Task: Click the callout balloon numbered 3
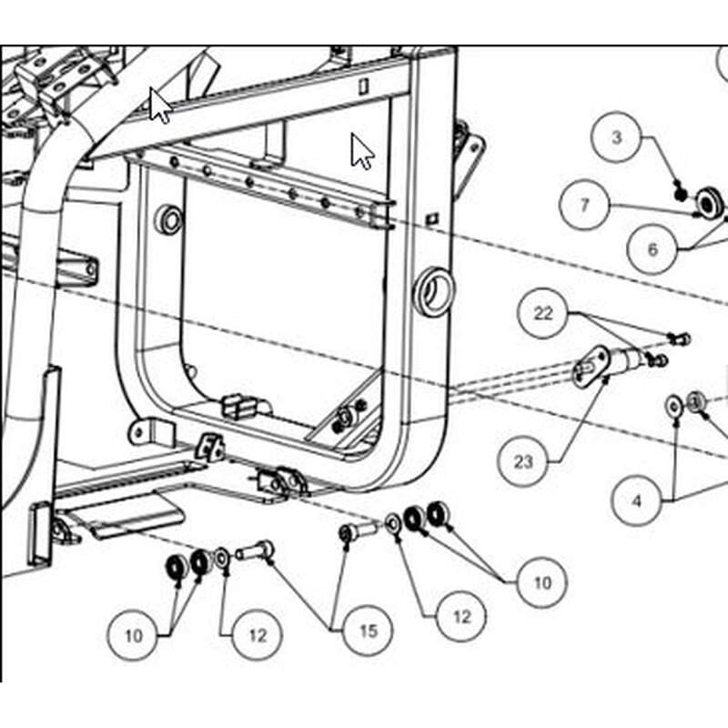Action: coord(616,137)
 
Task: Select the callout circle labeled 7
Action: coord(584,205)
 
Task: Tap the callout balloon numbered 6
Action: coord(652,249)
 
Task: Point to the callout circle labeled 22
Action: coord(542,313)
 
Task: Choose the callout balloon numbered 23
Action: coord(522,461)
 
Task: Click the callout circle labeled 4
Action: coord(636,500)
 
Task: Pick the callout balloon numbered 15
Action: coord(368,631)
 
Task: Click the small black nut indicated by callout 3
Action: coord(681,194)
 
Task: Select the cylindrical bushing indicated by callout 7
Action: coord(709,202)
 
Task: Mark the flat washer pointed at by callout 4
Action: coord(673,405)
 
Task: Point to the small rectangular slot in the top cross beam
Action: coord(363,86)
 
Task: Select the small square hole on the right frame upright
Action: coord(432,218)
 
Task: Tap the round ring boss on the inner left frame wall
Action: coord(170,220)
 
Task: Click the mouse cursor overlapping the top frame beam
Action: coord(160,106)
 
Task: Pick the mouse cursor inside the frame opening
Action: coord(362,151)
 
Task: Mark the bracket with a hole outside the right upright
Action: coord(468,159)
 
